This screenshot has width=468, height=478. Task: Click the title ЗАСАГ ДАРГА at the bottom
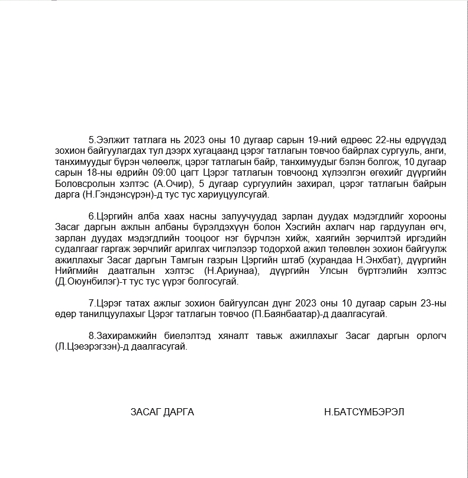[162, 412]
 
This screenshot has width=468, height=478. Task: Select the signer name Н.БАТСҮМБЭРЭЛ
[364, 412]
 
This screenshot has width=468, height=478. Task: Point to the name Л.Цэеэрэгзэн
[80, 347]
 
